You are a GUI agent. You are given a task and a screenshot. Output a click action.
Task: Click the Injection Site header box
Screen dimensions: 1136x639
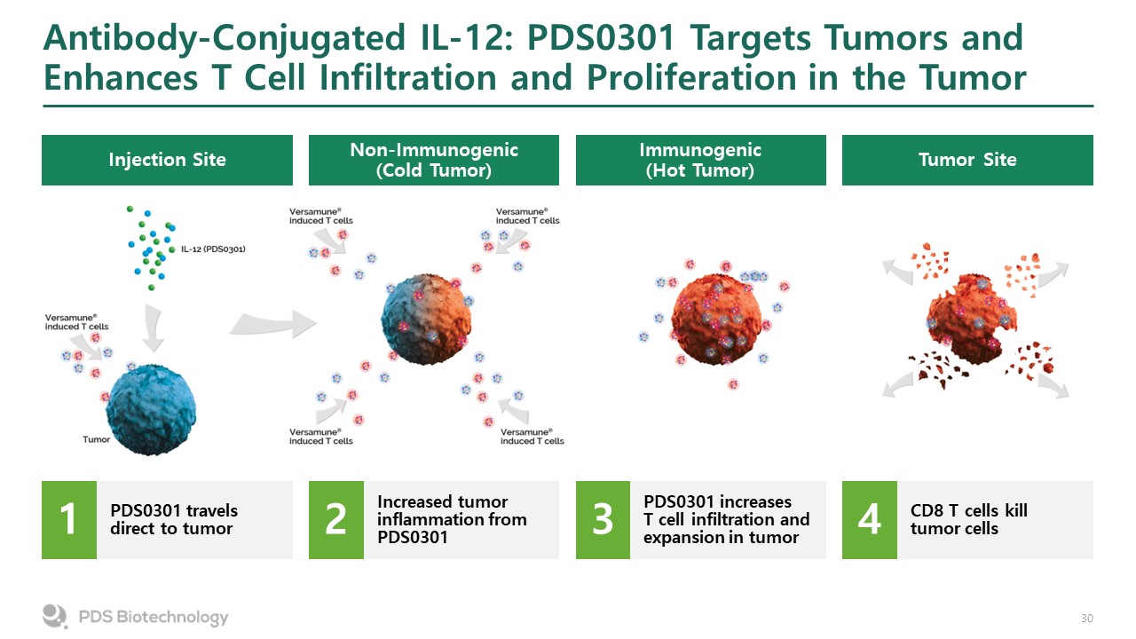[167, 160]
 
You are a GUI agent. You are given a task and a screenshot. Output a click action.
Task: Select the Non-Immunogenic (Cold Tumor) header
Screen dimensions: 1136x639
[434, 160]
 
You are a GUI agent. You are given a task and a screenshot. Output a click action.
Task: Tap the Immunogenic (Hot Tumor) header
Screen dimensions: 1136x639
[701, 160]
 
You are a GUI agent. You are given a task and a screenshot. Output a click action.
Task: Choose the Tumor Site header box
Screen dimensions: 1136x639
[967, 160]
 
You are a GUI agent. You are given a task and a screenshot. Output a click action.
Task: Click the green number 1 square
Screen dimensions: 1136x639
[69, 520]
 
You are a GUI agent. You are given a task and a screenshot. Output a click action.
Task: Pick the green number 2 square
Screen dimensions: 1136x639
[336, 520]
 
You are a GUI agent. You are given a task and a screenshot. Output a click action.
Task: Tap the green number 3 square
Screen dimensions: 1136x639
[603, 520]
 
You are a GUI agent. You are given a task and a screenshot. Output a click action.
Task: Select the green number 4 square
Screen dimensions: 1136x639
[870, 520]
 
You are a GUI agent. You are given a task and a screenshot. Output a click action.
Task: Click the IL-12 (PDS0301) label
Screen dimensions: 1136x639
[213, 249]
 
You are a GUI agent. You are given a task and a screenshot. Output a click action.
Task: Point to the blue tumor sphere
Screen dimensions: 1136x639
[151, 409]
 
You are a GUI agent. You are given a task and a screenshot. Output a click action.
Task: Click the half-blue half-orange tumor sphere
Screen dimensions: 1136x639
[426, 319]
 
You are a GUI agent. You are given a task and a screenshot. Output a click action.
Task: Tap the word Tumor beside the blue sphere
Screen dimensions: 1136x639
[97, 439]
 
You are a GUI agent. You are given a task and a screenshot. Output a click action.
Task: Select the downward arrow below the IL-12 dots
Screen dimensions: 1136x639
[153, 328]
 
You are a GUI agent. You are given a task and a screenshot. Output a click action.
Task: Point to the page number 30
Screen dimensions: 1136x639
[1087, 619]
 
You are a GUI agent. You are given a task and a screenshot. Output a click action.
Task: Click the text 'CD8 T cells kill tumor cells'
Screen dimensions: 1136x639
[968, 519]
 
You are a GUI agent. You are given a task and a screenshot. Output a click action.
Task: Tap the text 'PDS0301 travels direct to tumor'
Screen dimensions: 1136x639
[174, 519]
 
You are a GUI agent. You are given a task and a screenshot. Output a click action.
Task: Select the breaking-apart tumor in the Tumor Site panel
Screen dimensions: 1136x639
[971, 320]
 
